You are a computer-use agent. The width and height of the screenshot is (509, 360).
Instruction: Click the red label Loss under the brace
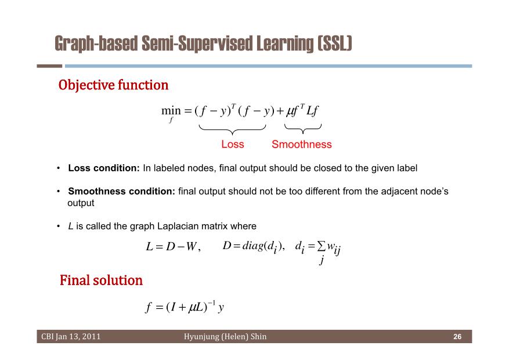click(232, 144)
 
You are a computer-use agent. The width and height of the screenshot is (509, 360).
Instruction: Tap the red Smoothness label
click(302, 144)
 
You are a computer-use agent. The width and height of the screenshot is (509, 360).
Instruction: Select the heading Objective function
click(113, 85)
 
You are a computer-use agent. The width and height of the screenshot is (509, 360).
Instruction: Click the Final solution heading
click(101, 280)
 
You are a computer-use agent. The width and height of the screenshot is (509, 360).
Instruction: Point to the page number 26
click(457, 337)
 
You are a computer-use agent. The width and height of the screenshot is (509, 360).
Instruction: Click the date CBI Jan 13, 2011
click(71, 336)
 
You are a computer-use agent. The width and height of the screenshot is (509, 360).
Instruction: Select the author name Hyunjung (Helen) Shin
click(225, 336)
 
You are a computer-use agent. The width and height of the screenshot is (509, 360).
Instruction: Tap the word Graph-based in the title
click(96, 44)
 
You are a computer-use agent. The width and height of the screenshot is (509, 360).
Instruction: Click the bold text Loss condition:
click(103, 168)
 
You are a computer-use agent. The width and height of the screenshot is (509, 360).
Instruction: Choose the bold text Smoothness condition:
click(121, 191)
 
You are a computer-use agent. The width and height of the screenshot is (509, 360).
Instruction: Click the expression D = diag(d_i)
click(254, 246)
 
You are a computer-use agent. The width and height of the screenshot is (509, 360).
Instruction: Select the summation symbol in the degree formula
click(321, 246)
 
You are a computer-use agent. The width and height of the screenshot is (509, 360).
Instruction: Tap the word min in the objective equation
click(171, 111)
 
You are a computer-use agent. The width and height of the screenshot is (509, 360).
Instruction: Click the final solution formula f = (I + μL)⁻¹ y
click(185, 307)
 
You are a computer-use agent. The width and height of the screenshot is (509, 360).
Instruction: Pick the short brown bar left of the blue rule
click(49, 66)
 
